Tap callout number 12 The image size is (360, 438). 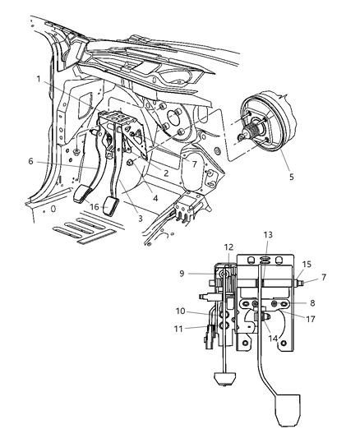point(229,247)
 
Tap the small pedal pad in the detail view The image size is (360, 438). point(223,379)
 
